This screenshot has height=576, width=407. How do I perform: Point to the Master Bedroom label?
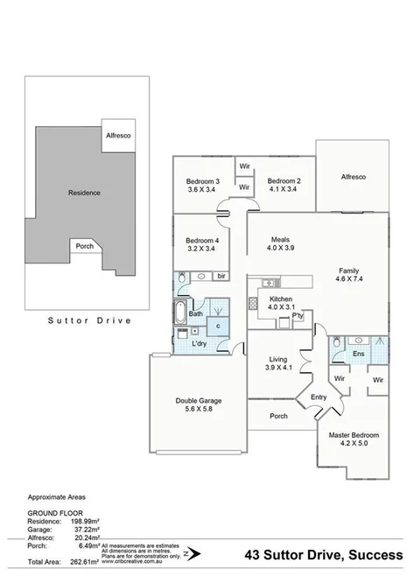pos(354,434)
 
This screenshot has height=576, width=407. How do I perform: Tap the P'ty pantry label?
pos(298,318)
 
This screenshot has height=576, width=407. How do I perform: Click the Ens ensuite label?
pos(358,354)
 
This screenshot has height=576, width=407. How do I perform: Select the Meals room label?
pos(280,239)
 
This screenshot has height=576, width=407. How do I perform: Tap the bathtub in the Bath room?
pos(180,313)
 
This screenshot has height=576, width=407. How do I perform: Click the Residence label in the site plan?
pos(85,193)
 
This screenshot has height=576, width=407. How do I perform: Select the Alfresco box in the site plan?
pos(117,137)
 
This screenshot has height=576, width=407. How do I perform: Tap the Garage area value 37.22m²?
pos(84,530)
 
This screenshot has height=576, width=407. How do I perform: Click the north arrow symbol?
pos(196,553)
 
